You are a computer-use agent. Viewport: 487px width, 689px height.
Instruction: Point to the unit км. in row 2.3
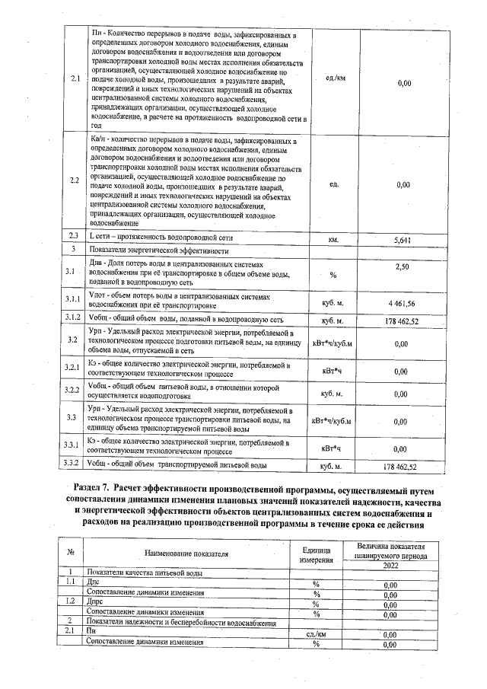pyautogui.click(x=333, y=240)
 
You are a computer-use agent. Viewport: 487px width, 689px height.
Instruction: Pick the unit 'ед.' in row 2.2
pyautogui.click(x=333, y=184)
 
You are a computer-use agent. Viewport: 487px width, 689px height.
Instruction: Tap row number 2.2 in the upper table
pyautogui.click(x=74, y=181)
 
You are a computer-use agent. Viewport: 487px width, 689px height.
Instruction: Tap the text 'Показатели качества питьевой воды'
pyautogui.click(x=145, y=573)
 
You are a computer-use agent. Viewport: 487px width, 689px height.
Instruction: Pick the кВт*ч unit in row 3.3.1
pyautogui.click(x=333, y=448)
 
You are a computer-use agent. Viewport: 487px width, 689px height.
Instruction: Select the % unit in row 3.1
pyautogui.click(x=333, y=275)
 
